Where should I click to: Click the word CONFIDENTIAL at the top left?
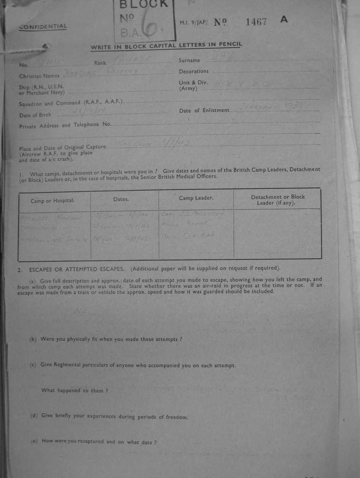[x=43, y=27]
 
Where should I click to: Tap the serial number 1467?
[x=256, y=21]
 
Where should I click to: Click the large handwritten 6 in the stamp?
[x=150, y=29]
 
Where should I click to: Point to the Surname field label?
[x=189, y=60]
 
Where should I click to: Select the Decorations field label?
[x=194, y=71]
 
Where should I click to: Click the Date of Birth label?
[x=35, y=115]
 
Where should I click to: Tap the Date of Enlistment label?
[x=204, y=110]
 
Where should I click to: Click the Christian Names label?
[x=39, y=76]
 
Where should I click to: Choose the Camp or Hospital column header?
[x=52, y=201]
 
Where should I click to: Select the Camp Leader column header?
[x=196, y=198]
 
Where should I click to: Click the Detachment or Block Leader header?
[x=278, y=200]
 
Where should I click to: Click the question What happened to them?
[x=75, y=390]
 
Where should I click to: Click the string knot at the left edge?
[x=45, y=47]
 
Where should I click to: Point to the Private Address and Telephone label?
[x=65, y=125]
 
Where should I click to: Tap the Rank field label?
[x=100, y=63]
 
